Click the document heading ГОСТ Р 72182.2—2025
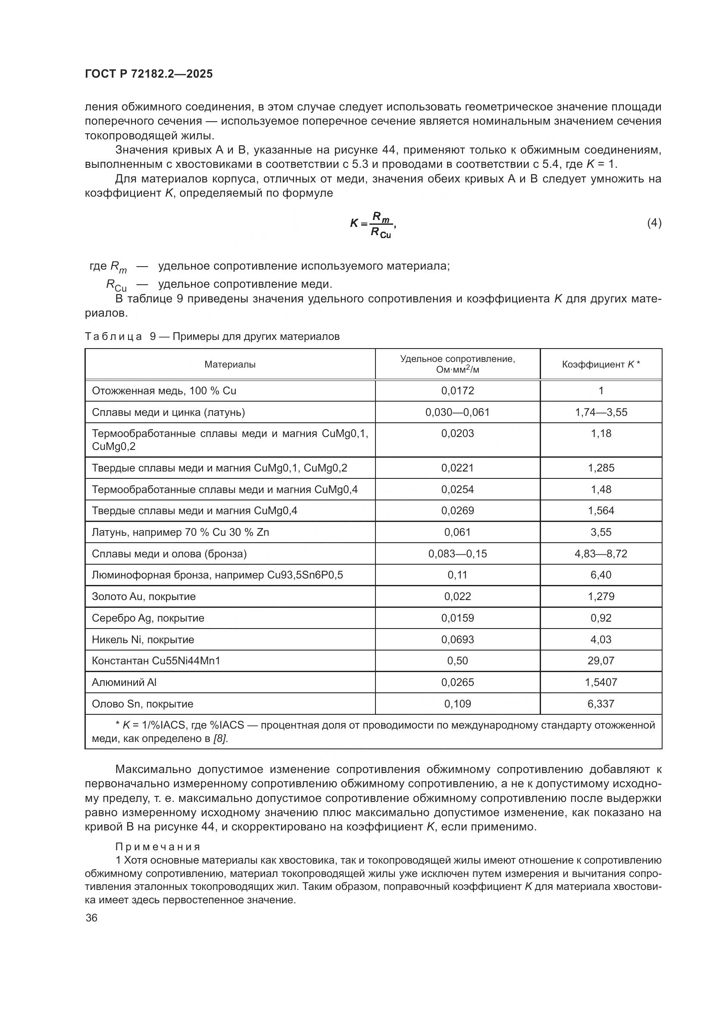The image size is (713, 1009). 148,74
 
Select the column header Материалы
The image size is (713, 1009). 230,365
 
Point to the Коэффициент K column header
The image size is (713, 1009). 600,365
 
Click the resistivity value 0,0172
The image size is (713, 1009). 457,391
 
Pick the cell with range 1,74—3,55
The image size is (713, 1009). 600,412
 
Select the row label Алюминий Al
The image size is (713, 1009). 124,682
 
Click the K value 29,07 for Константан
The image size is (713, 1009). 600,660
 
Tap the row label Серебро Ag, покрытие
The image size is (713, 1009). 147,618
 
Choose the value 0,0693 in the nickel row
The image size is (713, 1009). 457,639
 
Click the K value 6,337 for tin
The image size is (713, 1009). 600,704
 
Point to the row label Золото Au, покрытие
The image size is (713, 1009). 143,596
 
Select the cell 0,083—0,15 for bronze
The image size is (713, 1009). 457,554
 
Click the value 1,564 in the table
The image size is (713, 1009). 600,511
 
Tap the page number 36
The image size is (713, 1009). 91,918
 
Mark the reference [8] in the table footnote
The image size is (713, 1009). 220,739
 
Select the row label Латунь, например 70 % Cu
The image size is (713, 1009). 180,532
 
